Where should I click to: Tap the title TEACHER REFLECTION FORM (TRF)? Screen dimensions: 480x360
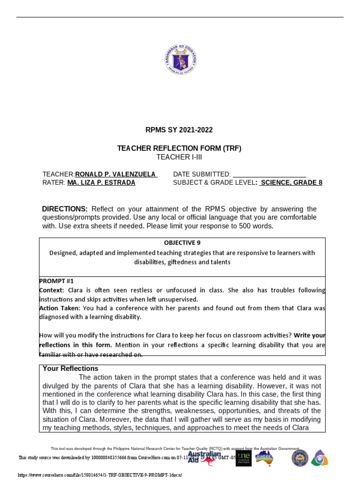tap(180, 149)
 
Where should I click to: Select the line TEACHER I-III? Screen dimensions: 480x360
tap(180, 157)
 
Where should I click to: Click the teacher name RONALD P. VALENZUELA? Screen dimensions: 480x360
tap(116, 174)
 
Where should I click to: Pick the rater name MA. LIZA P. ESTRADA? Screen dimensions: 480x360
tap(101, 183)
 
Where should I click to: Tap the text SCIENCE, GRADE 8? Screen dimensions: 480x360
tap(291, 183)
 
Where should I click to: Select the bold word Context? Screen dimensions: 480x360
tap(52, 291)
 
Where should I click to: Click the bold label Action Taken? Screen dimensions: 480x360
tap(60, 308)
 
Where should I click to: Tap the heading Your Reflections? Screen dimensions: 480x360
tap(70, 368)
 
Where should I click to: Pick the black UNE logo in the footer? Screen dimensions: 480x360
tap(243, 458)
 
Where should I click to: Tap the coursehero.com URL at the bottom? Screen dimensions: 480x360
tap(99, 475)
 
